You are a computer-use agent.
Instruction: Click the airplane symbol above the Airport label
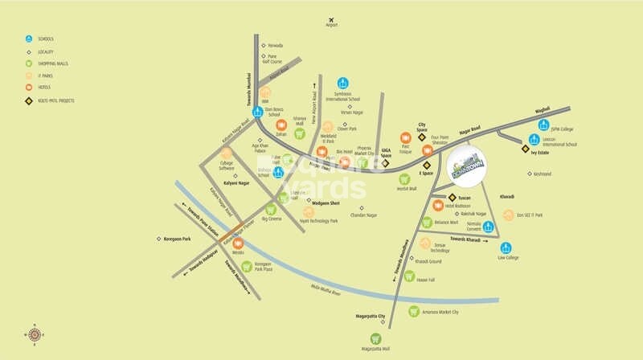tap(331, 18)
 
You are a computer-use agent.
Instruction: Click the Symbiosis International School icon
tap(343, 83)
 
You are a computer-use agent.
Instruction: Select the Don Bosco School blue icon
tap(259, 112)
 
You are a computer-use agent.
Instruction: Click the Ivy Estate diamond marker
tap(525, 149)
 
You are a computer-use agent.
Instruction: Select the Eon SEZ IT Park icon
tap(508, 215)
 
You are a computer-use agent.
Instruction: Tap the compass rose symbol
tap(35, 333)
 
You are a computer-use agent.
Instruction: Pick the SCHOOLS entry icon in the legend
tap(29, 39)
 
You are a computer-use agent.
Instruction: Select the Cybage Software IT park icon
tap(226, 153)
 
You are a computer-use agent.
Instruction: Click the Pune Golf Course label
tap(276, 59)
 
